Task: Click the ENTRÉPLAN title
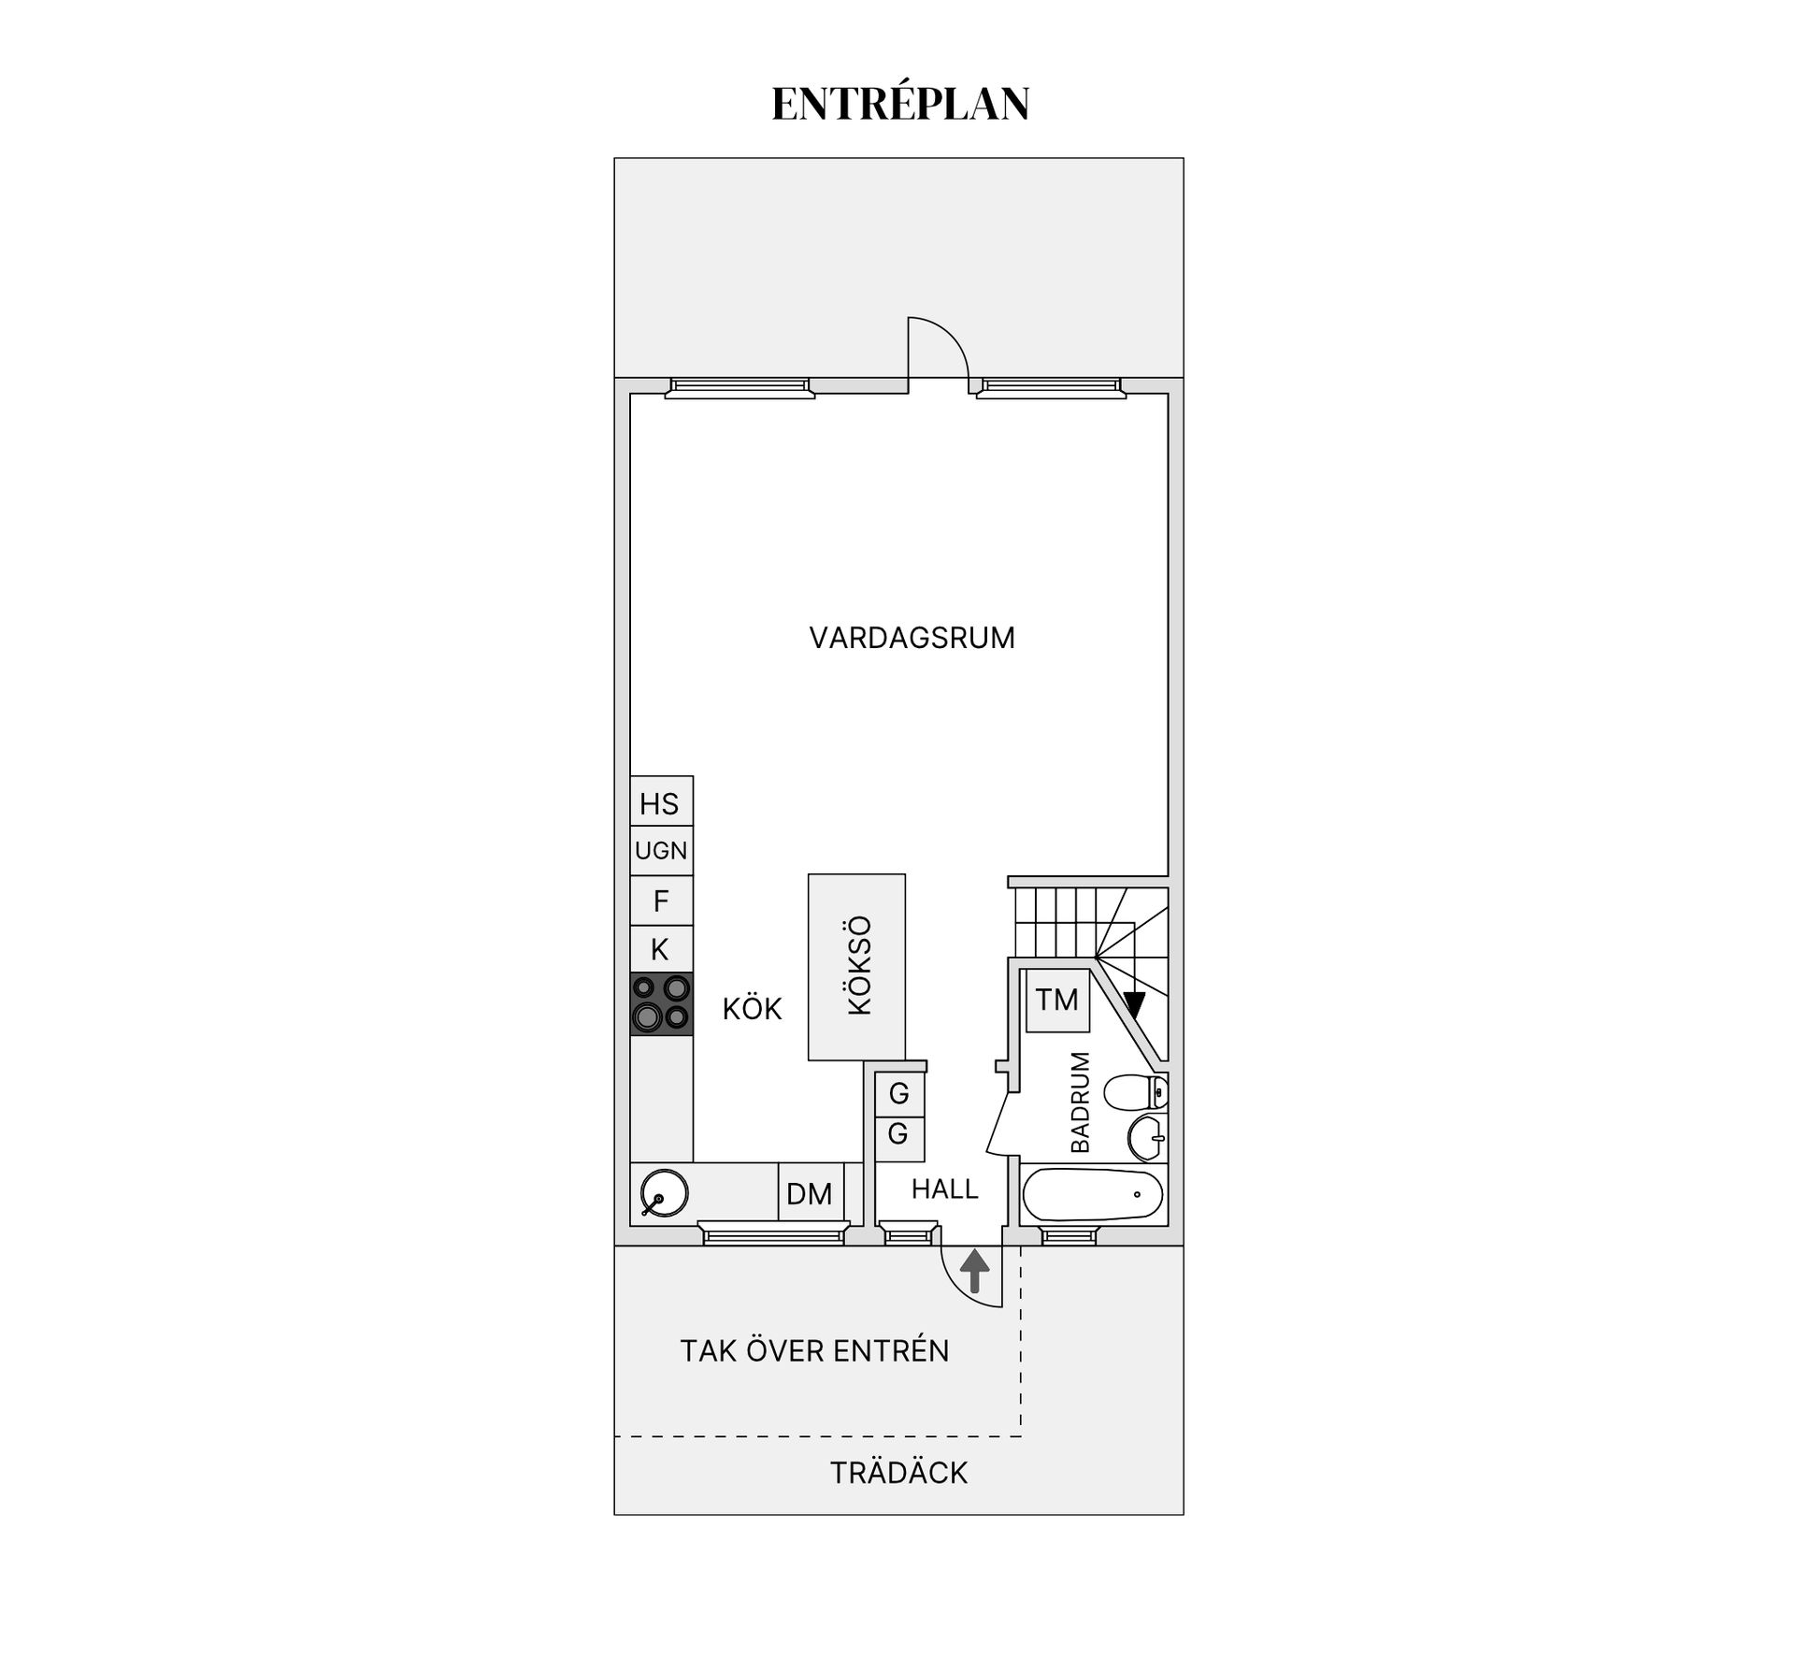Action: (900, 104)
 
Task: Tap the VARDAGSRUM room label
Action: (912, 638)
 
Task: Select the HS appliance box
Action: (661, 801)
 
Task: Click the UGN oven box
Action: (661, 851)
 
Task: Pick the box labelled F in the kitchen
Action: (661, 901)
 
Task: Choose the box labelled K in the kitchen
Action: (661, 950)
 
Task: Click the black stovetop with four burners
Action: (661, 1004)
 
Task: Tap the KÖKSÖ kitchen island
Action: (856, 967)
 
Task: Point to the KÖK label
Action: (752, 1009)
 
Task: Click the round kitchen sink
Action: (664, 1194)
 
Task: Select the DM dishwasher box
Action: (811, 1192)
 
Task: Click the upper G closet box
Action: (899, 1093)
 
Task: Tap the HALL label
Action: (945, 1189)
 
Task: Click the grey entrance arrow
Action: (975, 1271)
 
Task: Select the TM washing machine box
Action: (1057, 1001)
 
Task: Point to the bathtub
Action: (1093, 1194)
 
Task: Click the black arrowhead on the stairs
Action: (1134, 1005)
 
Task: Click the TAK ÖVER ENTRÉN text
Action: (814, 1350)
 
